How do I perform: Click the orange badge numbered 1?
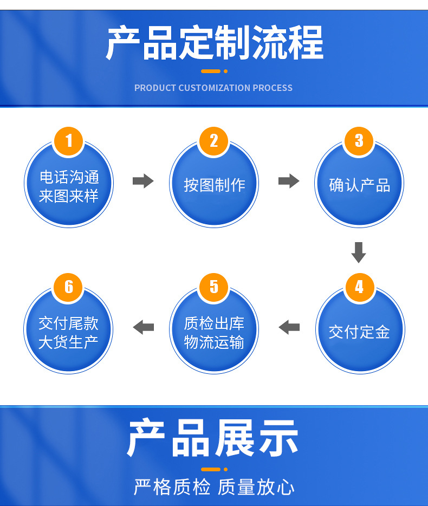point(69,141)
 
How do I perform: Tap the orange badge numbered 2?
point(214,141)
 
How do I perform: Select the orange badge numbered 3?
point(359,141)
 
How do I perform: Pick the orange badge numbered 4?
point(359,287)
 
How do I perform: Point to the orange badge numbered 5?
point(214,287)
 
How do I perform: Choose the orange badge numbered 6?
point(69,287)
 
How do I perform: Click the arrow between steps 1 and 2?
point(143,181)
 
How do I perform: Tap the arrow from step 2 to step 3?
point(289,181)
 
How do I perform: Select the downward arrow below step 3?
point(359,252)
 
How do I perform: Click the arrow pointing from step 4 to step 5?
point(289,327)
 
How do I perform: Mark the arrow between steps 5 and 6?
point(143,327)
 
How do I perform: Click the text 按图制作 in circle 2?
point(215,185)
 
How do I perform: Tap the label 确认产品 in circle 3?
point(359,185)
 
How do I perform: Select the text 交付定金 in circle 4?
point(359,332)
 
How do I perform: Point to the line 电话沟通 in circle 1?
point(69,177)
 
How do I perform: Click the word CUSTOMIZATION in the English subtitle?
point(215,88)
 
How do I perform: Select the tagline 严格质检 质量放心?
point(214,487)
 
